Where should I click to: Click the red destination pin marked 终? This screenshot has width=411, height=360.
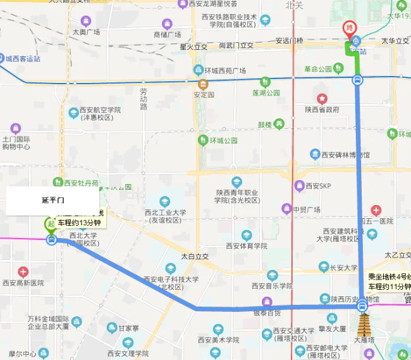coord(349,28)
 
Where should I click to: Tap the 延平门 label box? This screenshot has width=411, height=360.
coord(53,201)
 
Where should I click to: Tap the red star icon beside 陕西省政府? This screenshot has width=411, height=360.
coord(322,99)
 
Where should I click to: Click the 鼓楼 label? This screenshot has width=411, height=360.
coord(264,125)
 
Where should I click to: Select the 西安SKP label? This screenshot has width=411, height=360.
coord(318,186)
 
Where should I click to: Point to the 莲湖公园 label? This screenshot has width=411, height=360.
coord(266,92)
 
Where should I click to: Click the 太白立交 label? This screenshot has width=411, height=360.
coord(195,257)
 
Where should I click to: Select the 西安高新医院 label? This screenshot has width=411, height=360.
coord(23,283)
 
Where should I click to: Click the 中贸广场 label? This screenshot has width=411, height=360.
coord(306,209)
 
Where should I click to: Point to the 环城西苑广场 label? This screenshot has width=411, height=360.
coord(224,71)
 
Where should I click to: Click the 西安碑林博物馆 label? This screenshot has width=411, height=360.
coord(345,154)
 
